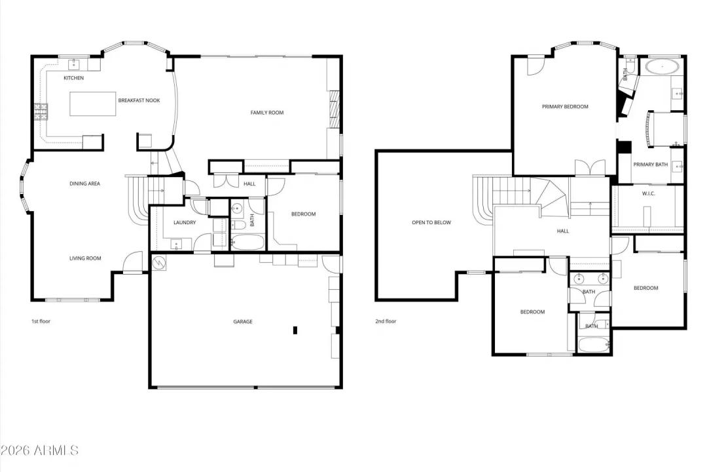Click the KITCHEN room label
coord(73,78)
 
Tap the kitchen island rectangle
coord(92,104)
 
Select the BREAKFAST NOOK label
coord(139,100)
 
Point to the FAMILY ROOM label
coord(267,113)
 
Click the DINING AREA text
coord(84,184)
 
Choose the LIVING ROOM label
coord(85,258)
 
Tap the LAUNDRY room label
coord(185,222)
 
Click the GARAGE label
coord(243,322)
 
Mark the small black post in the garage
coord(295,330)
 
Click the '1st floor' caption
coord(41,321)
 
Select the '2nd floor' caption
coord(386,321)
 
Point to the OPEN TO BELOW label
coord(431,222)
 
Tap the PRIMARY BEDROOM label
coord(565,107)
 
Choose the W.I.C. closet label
coord(648,193)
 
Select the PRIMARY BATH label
coord(650,165)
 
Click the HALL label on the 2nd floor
coord(563,231)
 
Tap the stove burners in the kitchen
coord(41,111)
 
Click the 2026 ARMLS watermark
coord(39,450)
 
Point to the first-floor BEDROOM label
coord(304,214)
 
